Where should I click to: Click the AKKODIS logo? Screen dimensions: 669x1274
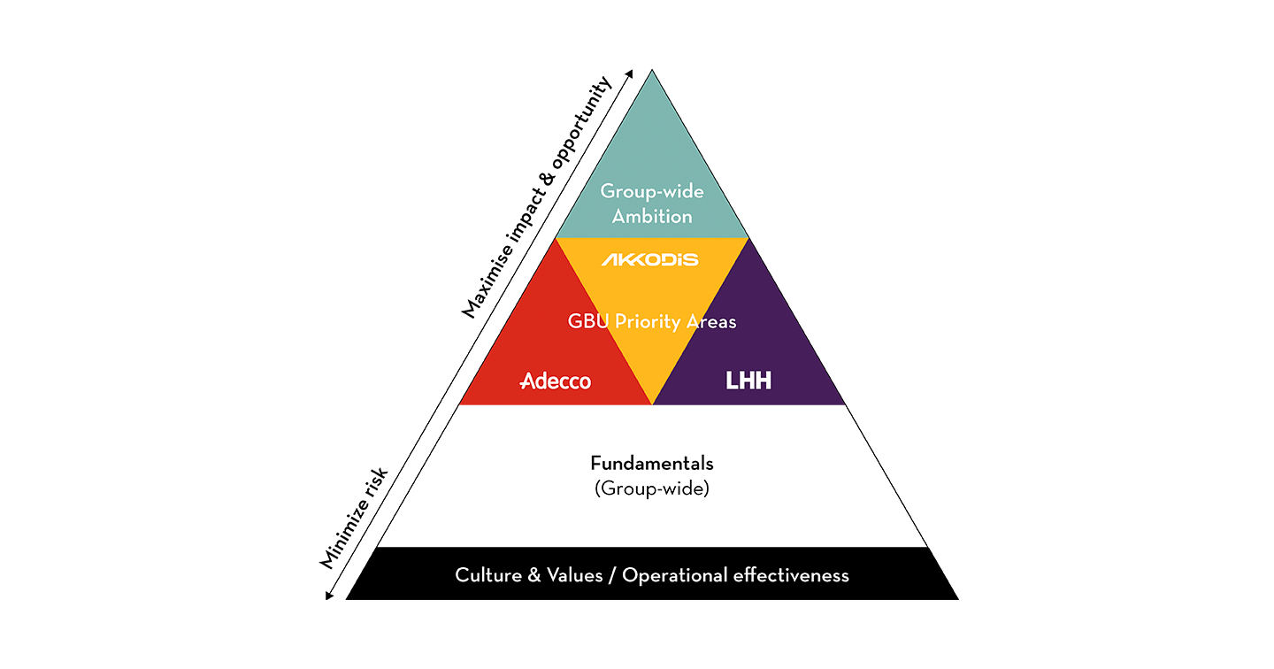coord(650,259)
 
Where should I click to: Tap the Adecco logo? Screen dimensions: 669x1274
coord(556,381)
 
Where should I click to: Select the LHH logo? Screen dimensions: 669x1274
coord(748,381)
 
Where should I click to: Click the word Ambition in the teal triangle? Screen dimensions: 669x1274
coord(652,216)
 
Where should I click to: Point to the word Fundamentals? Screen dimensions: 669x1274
coord(651,463)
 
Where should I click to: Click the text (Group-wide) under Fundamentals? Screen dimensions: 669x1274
coord(651,488)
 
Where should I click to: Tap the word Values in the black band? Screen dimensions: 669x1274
coord(576,575)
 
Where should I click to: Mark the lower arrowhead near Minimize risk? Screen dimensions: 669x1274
coord(329,596)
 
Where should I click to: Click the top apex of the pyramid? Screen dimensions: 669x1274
coord(652,72)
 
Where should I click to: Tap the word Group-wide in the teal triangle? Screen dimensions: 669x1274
coord(652,190)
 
